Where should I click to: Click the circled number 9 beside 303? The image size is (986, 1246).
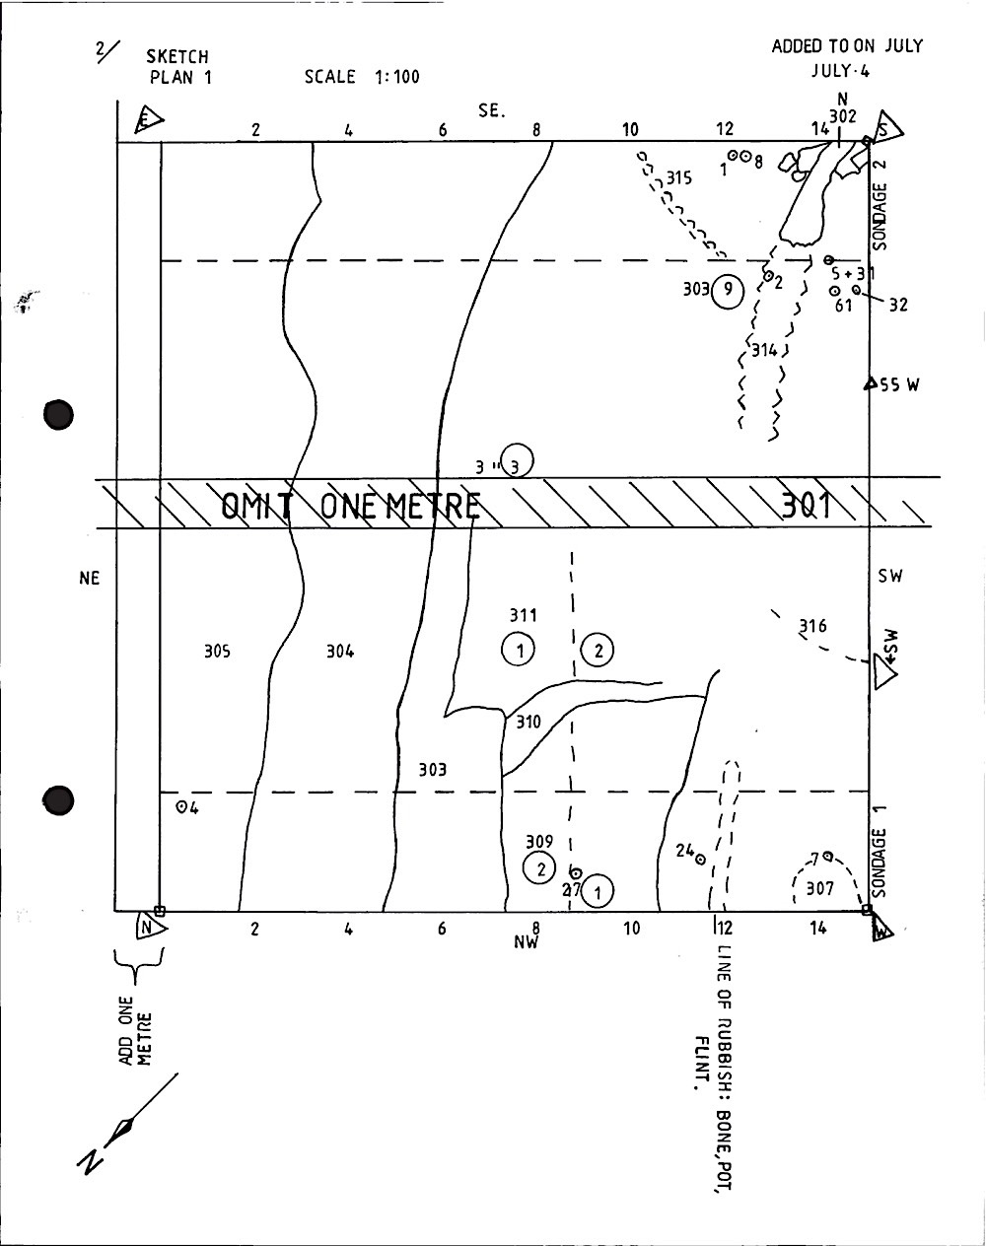727,290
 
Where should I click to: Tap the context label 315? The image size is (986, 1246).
678,178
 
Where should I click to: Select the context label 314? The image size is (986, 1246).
763,350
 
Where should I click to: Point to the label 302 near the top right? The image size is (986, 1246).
842,115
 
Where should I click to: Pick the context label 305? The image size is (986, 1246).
217,651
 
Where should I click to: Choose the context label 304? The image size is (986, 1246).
340,651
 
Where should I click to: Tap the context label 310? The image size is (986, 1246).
528,722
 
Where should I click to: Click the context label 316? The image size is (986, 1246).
812,626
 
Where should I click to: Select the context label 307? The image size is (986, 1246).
819,888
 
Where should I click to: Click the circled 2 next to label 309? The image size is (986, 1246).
540,868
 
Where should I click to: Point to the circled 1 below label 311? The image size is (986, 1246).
518,649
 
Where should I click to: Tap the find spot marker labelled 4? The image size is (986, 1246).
181,806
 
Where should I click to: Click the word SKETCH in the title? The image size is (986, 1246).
177,57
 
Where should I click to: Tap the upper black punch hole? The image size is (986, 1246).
59,414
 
